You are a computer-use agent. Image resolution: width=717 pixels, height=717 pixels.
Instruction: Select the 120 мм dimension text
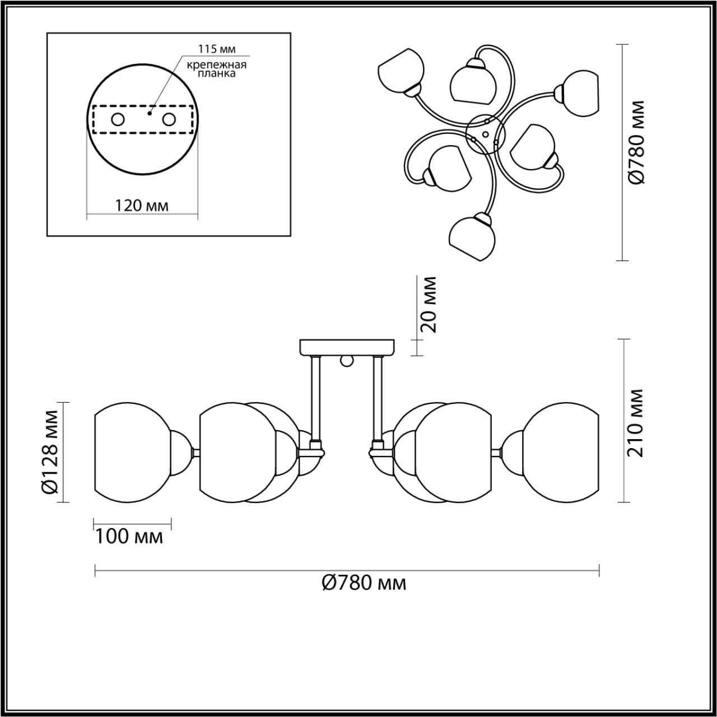click(142, 206)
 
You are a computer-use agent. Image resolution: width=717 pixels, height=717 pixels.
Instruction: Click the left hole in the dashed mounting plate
click(118, 119)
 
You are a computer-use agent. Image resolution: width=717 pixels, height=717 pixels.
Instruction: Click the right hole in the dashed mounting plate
click(169, 119)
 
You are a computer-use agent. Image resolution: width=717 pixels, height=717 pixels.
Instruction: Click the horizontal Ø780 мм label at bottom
click(364, 583)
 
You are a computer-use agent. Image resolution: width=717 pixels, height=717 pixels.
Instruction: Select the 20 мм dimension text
click(429, 304)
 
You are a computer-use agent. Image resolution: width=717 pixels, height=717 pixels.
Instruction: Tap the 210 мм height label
click(636, 423)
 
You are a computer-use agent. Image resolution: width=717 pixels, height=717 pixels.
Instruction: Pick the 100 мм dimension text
click(129, 537)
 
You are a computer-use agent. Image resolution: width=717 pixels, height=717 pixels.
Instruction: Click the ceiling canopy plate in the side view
click(347, 347)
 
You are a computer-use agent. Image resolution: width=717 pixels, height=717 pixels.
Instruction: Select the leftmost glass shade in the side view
click(132, 452)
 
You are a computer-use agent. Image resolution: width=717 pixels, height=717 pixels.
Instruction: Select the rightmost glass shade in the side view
click(563, 452)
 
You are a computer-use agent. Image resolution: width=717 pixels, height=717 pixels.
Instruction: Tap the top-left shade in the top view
click(399, 69)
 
